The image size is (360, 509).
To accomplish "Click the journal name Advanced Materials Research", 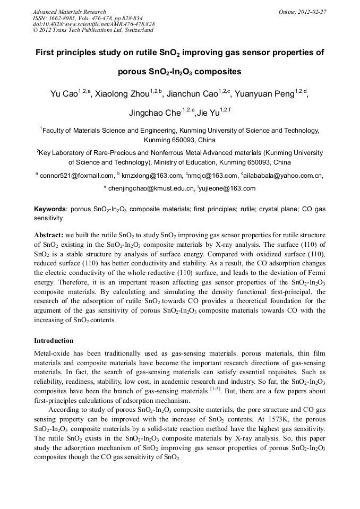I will pos(69,12).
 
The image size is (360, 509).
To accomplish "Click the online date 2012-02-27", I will pos(313,12).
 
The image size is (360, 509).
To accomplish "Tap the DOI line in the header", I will pos(93,24).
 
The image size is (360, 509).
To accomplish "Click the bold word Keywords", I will pos(50,210).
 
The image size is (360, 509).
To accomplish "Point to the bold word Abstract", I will pos(49,235).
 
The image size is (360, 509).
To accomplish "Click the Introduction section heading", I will pos(54,341).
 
